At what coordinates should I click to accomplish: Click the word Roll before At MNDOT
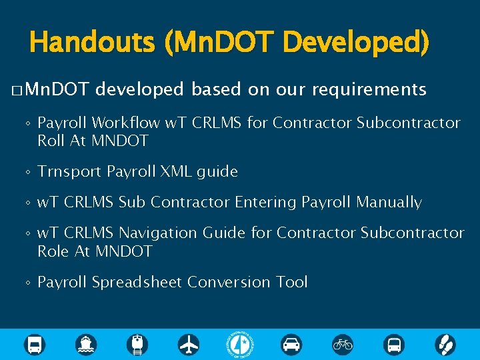50,141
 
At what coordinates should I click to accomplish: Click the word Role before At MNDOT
51,251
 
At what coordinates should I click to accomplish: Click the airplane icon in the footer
189,344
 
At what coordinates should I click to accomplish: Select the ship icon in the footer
86,344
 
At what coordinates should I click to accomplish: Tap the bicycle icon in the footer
343,344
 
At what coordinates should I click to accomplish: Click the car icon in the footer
291,344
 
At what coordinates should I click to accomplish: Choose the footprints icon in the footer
445,344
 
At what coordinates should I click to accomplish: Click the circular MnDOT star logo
240,344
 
